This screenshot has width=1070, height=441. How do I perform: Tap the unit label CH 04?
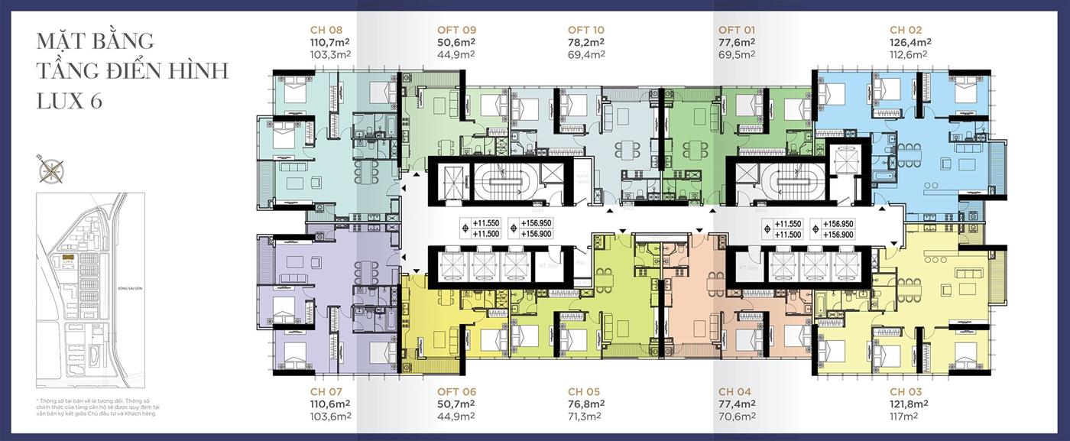[734, 391]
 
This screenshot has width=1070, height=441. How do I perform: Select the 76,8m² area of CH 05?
[585, 404]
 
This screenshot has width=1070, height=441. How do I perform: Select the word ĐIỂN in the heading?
[146, 71]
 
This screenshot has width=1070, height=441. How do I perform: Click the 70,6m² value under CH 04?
[736, 416]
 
